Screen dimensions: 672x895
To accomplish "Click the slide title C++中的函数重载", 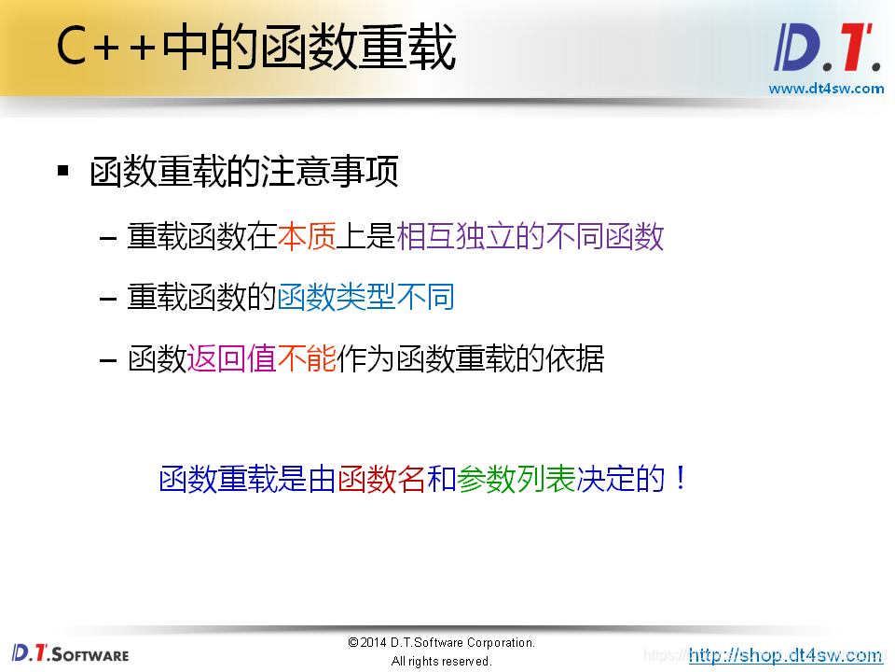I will [255, 49].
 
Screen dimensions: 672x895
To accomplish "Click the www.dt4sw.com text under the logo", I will [826, 89].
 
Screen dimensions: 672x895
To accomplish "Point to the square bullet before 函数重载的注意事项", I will [63, 171].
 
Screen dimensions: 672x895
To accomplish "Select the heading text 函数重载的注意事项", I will [244, 172].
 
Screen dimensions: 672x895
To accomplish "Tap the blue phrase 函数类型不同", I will [365, 298].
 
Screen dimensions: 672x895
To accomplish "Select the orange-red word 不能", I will [307, 358].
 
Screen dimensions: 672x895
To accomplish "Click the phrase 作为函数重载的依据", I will [471, 358].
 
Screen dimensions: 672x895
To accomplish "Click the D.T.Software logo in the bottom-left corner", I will [70, 652].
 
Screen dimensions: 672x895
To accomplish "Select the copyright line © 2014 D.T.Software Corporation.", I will [441, 643].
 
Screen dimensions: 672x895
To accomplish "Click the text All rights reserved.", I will [441, 661].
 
